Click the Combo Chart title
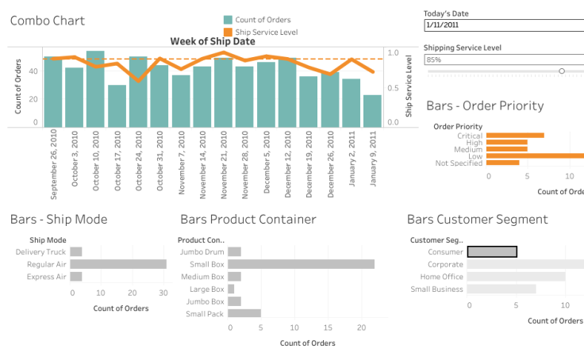47,21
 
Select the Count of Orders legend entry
262,20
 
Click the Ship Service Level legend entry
267,32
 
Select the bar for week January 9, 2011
372,111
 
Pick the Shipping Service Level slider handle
562,71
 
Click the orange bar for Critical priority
515,136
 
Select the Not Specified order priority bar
502,163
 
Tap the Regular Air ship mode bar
118,264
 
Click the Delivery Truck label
40,252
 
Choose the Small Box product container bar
301,264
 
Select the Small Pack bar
244,313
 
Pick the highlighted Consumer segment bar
492,252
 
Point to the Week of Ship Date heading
212,41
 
